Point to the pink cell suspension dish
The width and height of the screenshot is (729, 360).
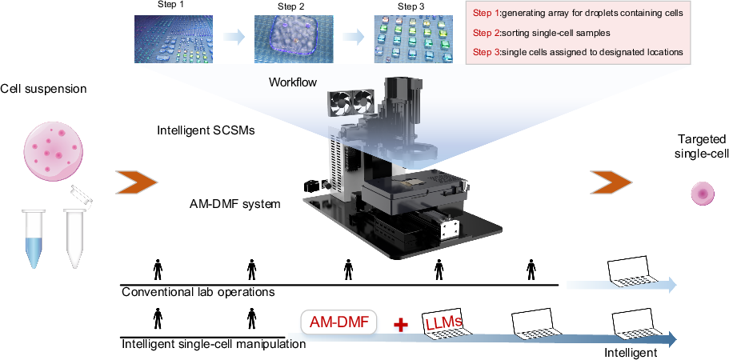point(54,146)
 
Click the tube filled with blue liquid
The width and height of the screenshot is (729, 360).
point(34,238)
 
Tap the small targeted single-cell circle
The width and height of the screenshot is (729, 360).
point(703,194)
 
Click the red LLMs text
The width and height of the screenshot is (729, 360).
point(445,322)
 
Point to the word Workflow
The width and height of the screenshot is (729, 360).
point(293,82)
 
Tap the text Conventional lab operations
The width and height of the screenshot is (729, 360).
point(198,292)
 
